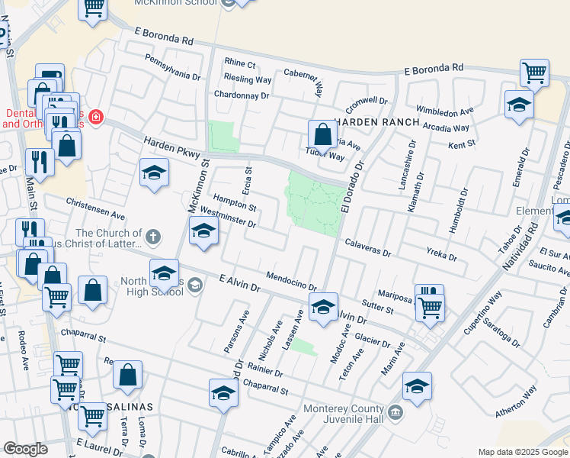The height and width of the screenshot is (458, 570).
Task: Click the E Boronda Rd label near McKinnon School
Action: click(x=164, y=37)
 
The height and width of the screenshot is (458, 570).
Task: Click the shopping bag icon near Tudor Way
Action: click(x=323, y=135)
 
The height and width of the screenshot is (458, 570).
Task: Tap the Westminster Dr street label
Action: click(x=229, y=219)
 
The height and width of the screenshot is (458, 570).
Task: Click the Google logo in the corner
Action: click(x=26, y=448)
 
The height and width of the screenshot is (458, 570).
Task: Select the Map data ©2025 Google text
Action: click(x=523, y=452)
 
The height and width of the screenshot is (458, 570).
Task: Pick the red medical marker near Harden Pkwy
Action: click(x=96, y=117)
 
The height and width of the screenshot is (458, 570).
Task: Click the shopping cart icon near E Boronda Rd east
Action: click(x=534, y=73)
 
